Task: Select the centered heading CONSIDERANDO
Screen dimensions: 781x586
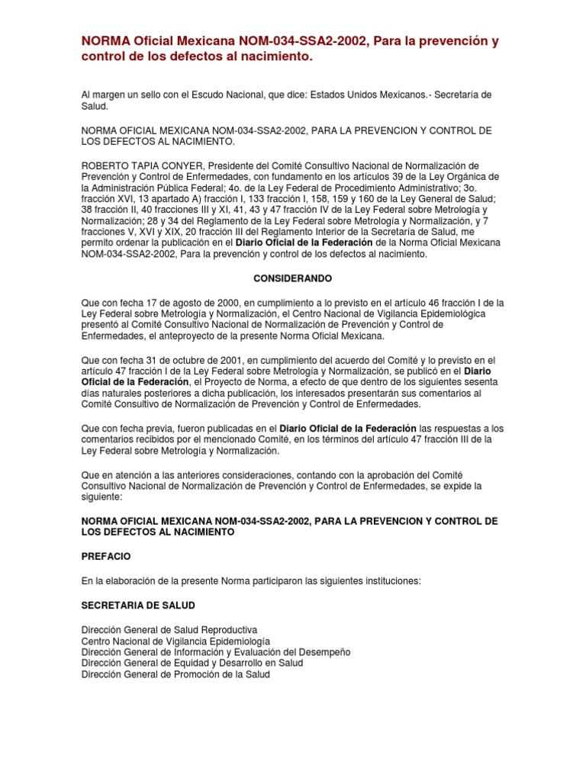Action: pos(293,280)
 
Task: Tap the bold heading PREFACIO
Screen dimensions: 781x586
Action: pos(106,557)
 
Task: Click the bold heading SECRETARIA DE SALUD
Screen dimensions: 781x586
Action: pos(138,606)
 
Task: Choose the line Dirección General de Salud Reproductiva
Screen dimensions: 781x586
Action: pos(169,631)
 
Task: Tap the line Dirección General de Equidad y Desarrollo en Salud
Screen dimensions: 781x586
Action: pos(192,664)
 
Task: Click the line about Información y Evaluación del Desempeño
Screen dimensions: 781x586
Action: pos(216,653)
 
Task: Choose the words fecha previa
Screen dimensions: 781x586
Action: pos(146,428)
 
